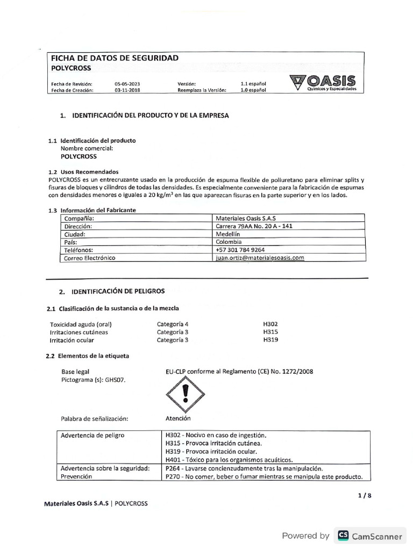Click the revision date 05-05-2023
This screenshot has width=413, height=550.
click(x=127, y=84)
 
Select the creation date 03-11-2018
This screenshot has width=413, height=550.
click(x=127, y=91)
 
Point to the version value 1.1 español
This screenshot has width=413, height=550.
click(x=253, y=84)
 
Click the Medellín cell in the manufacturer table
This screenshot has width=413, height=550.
click(x=227, y=234)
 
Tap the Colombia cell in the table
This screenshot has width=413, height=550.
click(x=229, y=242)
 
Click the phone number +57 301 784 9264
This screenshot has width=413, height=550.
click(x=239, y=250)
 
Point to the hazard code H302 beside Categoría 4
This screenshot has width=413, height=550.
click(x=270, y=324)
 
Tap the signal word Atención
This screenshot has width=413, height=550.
click(x=178, y=418)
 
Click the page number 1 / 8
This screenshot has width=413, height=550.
click(x=364, y=495)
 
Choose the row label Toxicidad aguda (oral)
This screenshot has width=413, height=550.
click(x=81, y=324)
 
